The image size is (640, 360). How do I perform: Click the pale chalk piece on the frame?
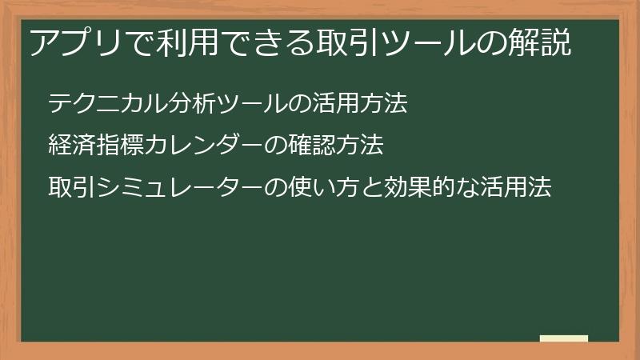coord(564,338)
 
